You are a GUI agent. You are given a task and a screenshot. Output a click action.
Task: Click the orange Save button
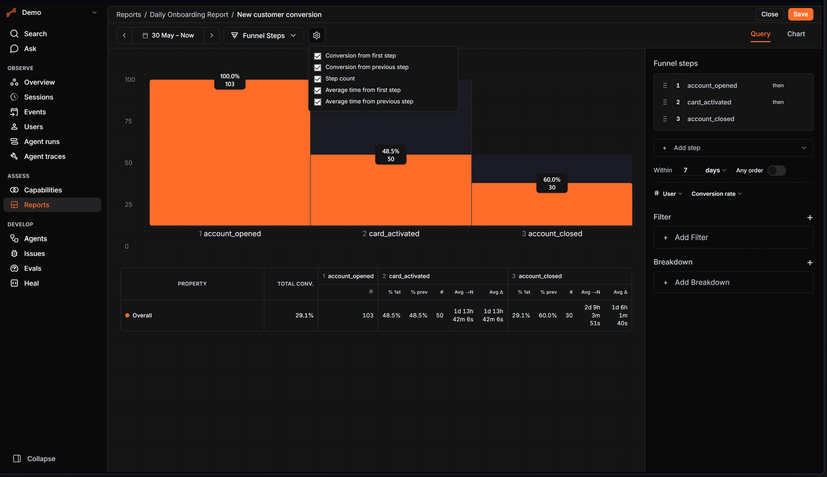point(800,14)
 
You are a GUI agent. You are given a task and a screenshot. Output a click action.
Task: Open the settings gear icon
point(316,35)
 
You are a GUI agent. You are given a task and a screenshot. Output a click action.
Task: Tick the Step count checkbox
point(318,79)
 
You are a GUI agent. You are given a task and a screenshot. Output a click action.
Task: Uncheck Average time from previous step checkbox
point(318,102)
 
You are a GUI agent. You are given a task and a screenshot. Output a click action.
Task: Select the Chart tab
point(796,34)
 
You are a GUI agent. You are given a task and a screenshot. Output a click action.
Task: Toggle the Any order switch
point(776,170)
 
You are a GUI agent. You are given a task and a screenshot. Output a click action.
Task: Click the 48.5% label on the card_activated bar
point(391,151)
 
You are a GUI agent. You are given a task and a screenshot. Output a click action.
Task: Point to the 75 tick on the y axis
point(128,121)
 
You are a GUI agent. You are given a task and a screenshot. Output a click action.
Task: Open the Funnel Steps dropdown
point(264,35)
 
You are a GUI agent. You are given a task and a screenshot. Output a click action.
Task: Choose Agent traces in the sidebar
point(45,156)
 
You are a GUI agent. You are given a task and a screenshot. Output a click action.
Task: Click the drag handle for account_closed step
point(665,119)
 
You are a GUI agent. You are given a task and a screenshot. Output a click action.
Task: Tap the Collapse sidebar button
point(34,459)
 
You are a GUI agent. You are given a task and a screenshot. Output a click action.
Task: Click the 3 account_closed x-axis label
point(552,234)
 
